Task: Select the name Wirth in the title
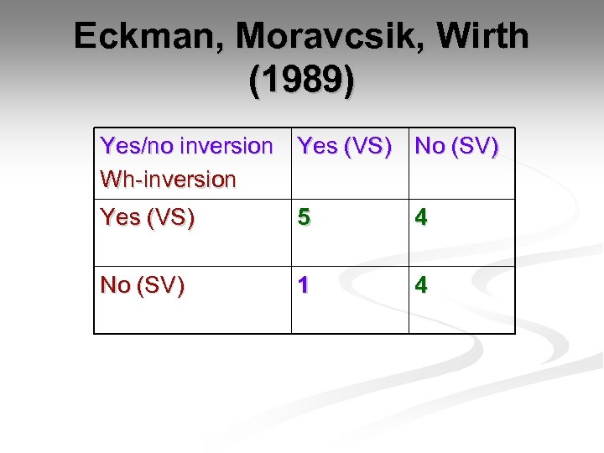(x=484, y=37)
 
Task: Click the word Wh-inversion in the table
(x=168, y=180)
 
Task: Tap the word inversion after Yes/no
(x=226, y=146)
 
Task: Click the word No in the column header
(x=430, y=146)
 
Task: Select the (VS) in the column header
(x=367, y=146)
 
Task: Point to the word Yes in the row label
(x=120, y=217)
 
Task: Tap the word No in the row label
(x=115, y=285)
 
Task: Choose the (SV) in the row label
(x=160, y=285)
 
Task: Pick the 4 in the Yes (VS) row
(x=421, y=217)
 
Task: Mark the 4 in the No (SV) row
(x=421, y=285)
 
